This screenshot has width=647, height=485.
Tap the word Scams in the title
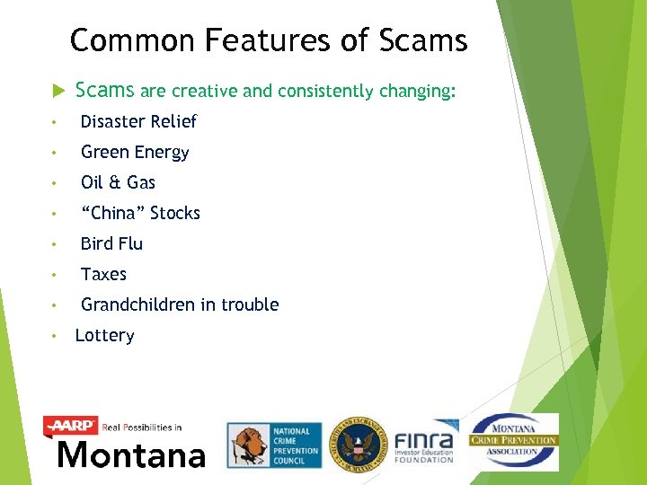point(423,40)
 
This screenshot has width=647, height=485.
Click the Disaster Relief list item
point(138,121)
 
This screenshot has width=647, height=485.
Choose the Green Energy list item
point(135,152)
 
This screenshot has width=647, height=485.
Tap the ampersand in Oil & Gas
point(115,182)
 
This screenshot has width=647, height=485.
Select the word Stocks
point(175,213)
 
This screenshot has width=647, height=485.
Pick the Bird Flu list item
point(111,243)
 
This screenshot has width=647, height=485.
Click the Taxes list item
point(103,274)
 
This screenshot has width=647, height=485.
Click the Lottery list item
point(104,336)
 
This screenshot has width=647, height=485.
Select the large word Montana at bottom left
point(130,454)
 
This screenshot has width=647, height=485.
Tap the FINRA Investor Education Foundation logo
point(425,444)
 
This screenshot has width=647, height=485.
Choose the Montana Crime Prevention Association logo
point(513,441)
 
